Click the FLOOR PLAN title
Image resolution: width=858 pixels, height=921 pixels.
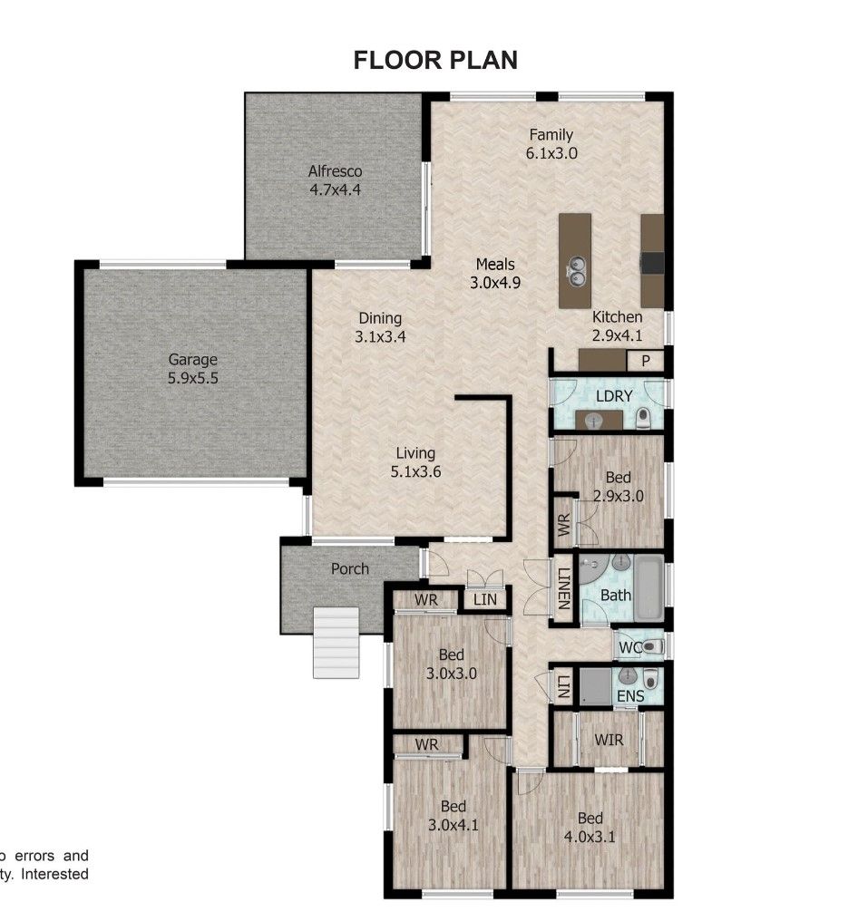click(435, 60)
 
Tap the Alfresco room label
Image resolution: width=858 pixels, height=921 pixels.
click(335, 171)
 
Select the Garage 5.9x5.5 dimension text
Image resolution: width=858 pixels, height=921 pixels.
click(193, 378)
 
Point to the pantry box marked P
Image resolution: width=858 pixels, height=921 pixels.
click(645, 361)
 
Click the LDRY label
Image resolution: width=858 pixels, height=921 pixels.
click(614, 396)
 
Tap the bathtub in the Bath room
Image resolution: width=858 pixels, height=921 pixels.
click(648, 588)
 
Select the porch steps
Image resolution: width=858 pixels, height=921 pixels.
click(336, 643)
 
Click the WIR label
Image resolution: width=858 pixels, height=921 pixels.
click(609, 740)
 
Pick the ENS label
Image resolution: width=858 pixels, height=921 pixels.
click(630, 696)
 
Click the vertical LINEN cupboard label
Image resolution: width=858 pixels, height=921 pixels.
click(564, 588)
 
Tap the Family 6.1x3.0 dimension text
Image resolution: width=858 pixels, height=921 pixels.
click(551, 153)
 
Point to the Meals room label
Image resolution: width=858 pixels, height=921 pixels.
click(495, 264)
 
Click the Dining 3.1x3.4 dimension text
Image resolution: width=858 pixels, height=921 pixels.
click(380, 336)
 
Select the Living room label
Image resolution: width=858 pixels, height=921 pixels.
click(415, 453)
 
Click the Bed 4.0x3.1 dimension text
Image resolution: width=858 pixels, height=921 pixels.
click(590, 837)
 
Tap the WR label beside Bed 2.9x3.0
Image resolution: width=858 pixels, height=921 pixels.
click(563, 525)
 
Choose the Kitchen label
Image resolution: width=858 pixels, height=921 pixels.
click(617, 316)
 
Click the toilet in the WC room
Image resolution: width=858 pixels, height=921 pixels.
click(652, 646)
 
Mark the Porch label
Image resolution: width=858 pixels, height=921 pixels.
click(350, 568)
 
